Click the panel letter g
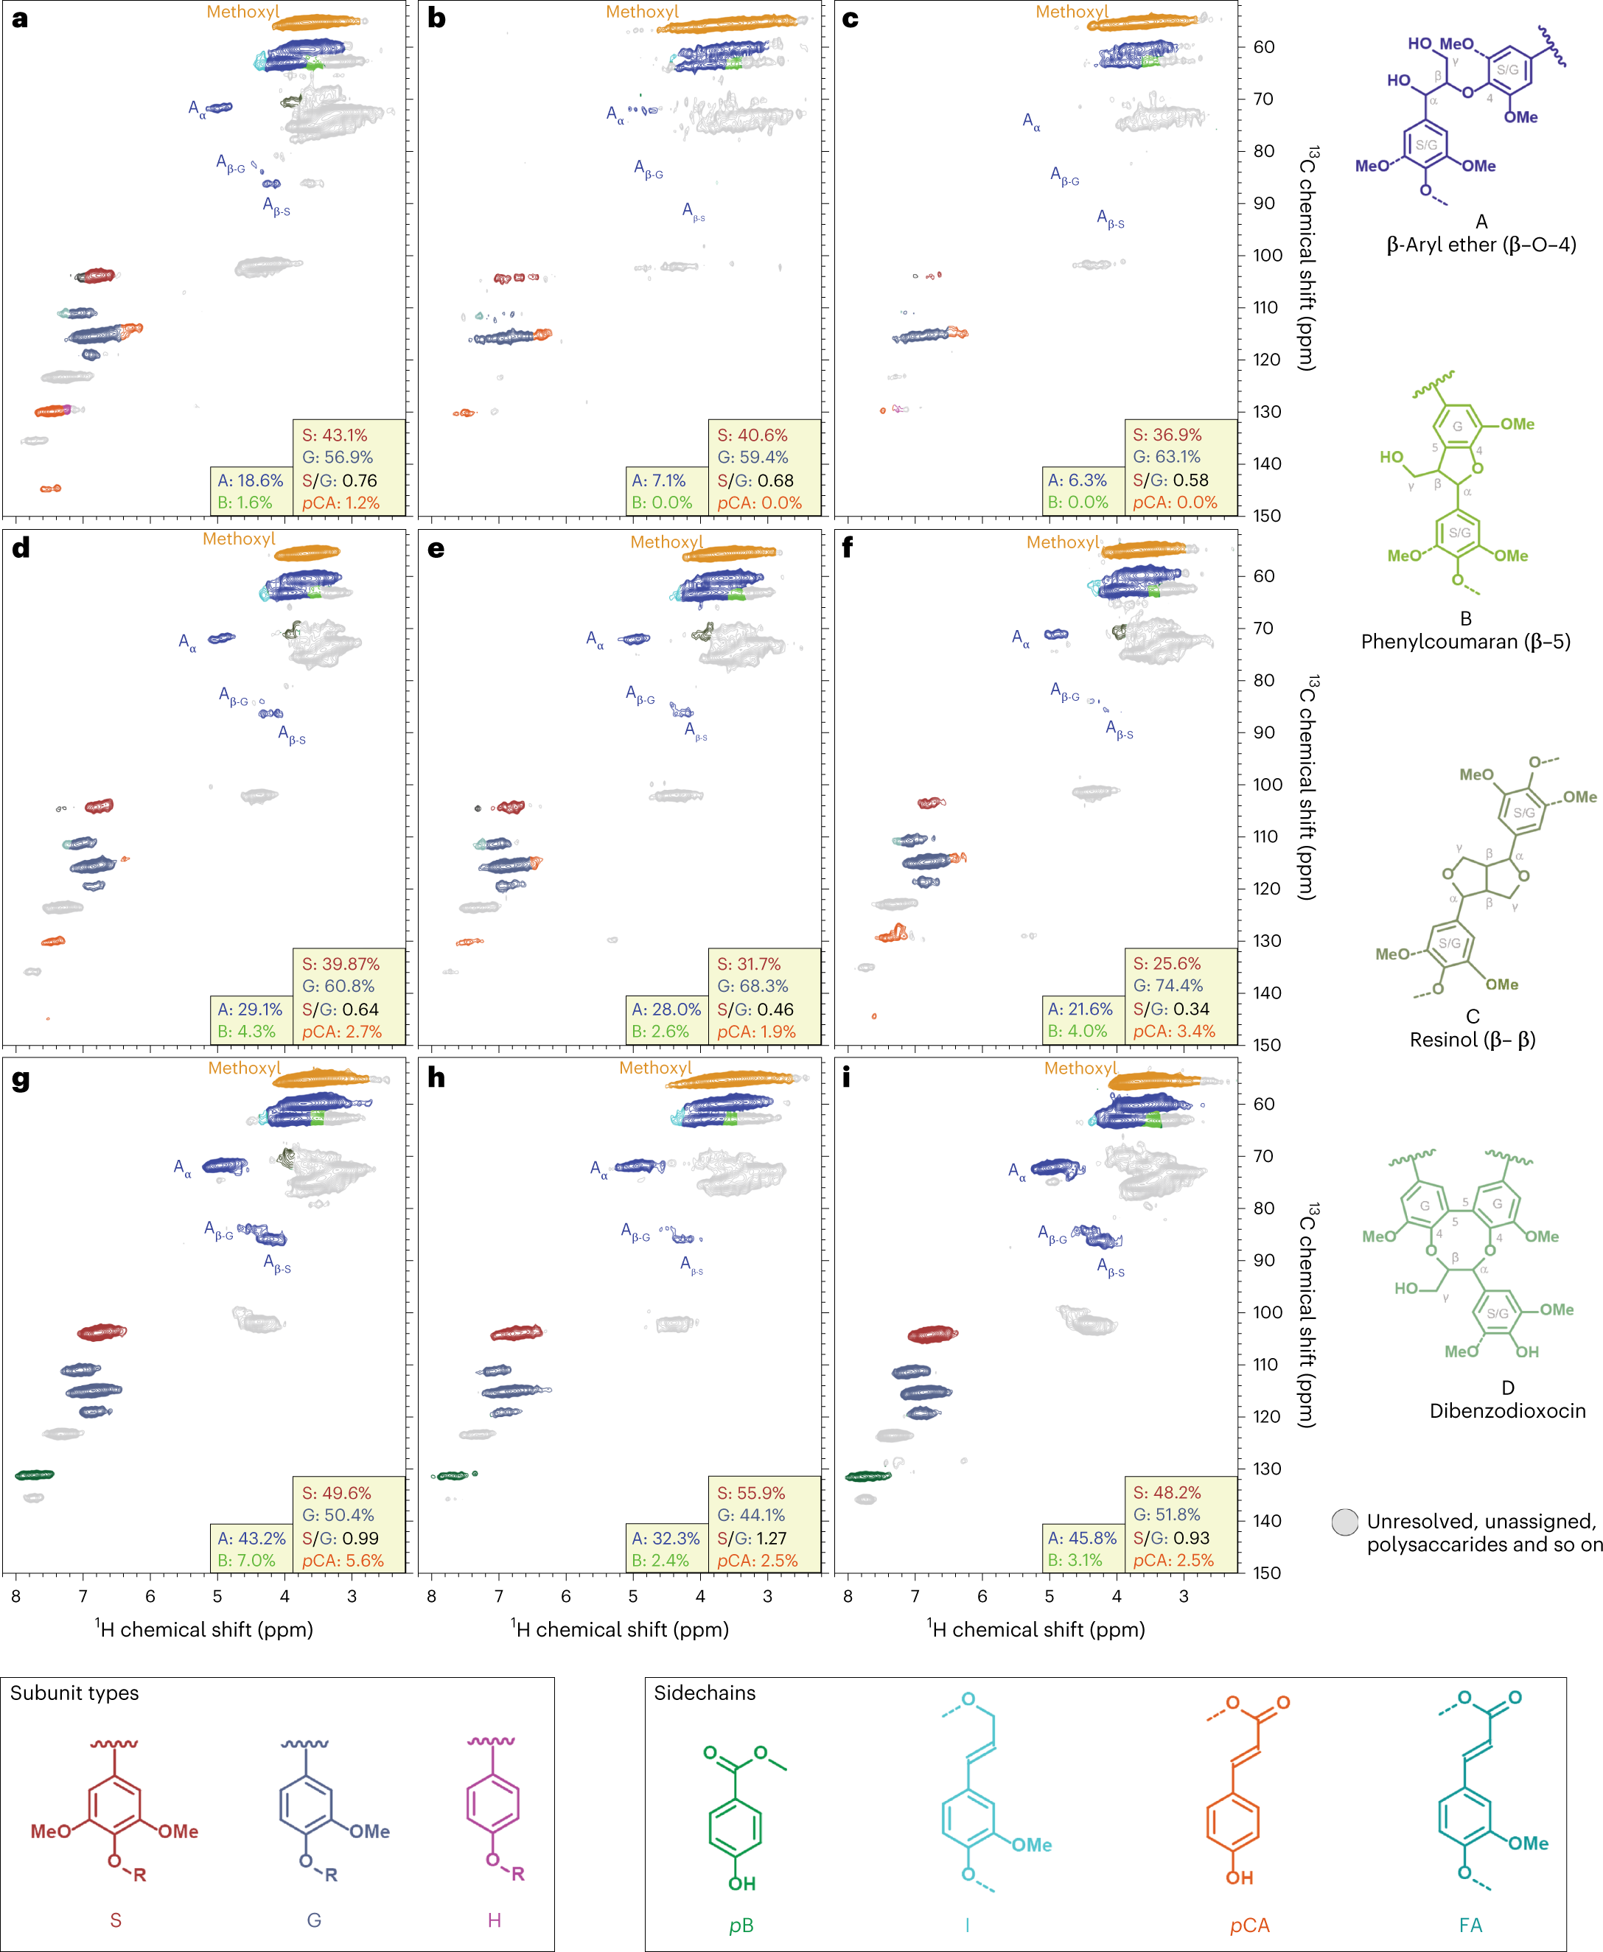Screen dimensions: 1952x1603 pos(21,1080)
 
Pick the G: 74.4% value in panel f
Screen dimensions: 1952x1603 pos(1167,985)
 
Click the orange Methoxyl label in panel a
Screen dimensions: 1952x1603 pos(243,12)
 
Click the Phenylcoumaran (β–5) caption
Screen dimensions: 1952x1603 pos(1465,642)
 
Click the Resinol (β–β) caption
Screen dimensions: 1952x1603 pos(1472,1040)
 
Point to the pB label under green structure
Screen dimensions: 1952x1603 pos(741,1925)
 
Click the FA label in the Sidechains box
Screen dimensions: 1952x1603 pos(1471,1925)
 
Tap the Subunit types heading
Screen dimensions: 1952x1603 pos(74,1693)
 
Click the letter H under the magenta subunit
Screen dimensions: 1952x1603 pos(494,1920)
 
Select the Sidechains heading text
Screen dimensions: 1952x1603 pos(705,1693)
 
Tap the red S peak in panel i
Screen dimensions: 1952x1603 pos(932,1334)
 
